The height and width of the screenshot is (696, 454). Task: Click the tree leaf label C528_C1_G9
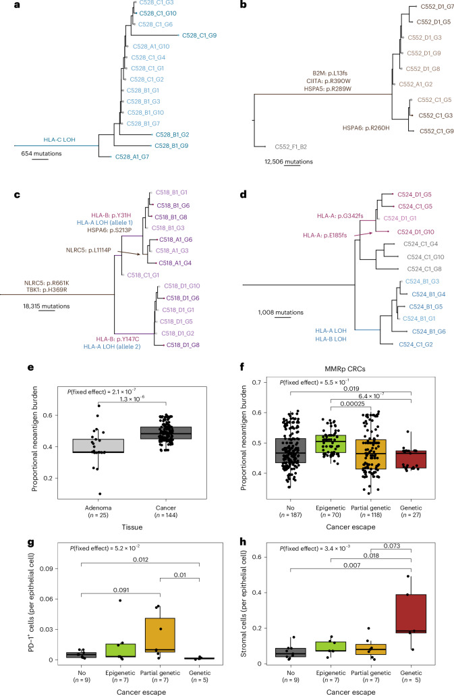point(199,36)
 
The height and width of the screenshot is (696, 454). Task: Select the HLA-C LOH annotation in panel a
point(59,140)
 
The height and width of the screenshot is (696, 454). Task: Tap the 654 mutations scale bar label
point(42,154)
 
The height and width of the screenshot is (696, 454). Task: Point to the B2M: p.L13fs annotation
point(330,73)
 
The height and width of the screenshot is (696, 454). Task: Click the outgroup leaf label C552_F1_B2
point(291,147)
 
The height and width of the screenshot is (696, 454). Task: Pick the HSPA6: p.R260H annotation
point(366,128)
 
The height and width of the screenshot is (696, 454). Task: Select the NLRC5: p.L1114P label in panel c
point(88,250)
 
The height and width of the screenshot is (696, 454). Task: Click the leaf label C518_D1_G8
point(183,345)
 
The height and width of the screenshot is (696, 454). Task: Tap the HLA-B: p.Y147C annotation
point(117,339)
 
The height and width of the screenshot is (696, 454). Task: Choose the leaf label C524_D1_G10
point(416,232)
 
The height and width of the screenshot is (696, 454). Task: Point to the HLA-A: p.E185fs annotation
point(325,235)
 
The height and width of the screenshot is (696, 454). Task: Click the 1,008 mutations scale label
point(281,313)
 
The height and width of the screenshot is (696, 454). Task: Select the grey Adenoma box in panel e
point(98,446)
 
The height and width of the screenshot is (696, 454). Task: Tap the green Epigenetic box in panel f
point(331,444)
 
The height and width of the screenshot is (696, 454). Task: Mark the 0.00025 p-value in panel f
point(352,404)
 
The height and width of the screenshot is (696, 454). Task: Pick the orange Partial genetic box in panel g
point(160,635)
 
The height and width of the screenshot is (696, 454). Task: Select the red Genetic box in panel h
point(411,614)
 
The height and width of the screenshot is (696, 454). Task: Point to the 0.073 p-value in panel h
point(392,546)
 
